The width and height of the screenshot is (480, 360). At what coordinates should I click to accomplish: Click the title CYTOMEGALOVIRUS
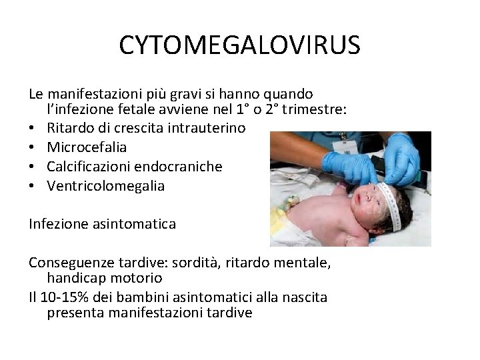pos(240,45)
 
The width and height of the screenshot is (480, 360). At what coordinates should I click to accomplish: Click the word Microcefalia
pos(87,147)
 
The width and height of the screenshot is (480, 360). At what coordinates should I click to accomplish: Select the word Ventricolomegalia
pos(105,187)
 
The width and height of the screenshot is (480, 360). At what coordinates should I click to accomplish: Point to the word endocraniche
pos(181,167)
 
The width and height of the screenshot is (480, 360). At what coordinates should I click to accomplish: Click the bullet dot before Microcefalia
pos(32,147)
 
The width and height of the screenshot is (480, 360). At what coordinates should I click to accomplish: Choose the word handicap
pos(75,276)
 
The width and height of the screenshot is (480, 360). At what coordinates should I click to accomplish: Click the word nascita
pos(305,297)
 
